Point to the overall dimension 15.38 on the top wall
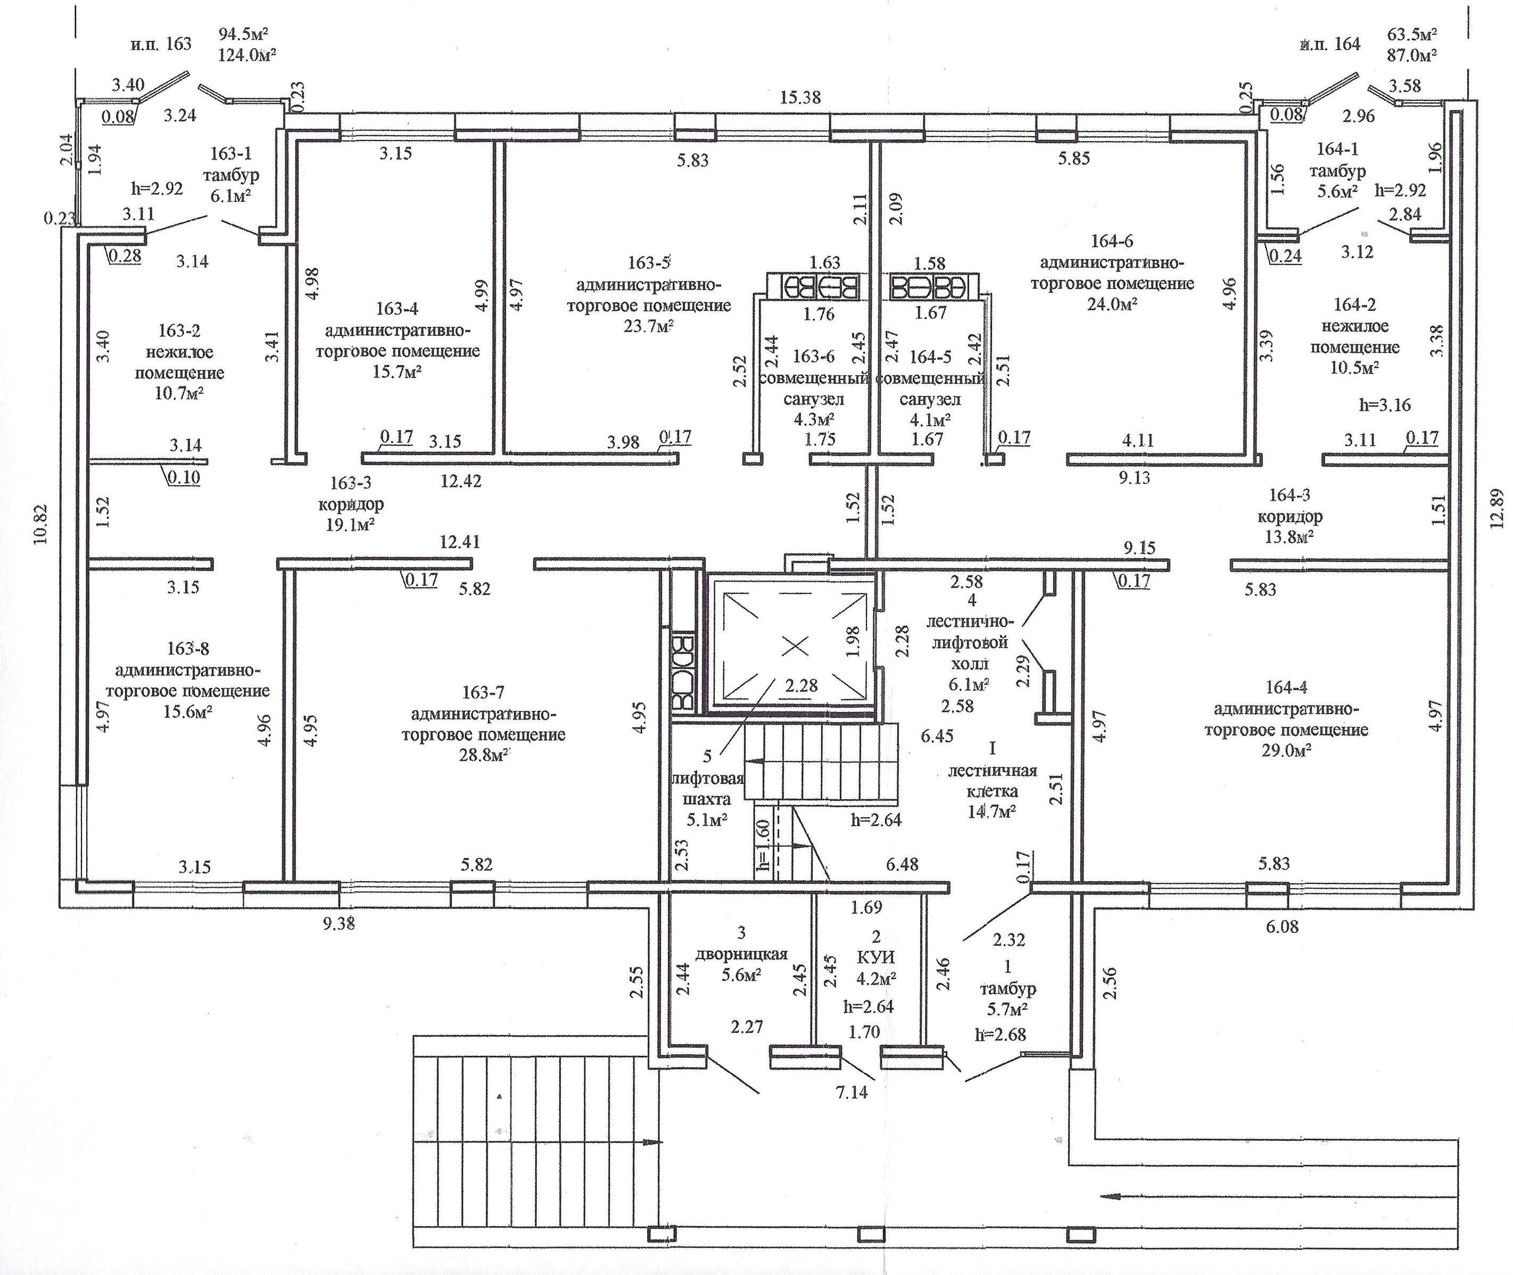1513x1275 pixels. point(800,97)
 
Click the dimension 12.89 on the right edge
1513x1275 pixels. point(1495,509)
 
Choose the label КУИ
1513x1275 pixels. point(875,958)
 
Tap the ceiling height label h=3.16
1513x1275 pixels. point(1384,405)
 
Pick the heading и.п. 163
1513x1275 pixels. point(161,44)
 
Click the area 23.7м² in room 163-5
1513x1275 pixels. point(648,327)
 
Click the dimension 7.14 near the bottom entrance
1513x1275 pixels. point(851,1092)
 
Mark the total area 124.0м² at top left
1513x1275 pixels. point(248,55)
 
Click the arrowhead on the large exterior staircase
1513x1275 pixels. point(651,1142)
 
